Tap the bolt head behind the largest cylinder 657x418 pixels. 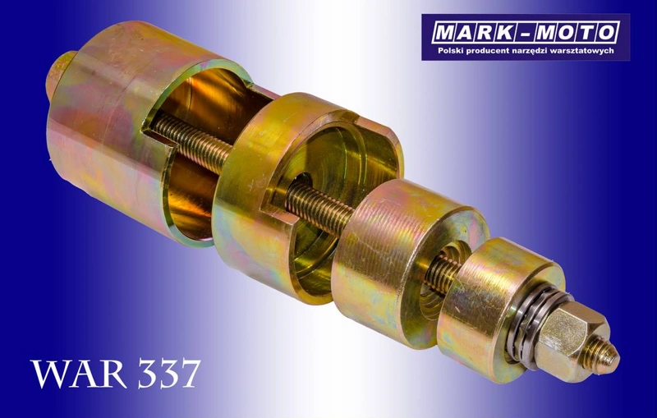tap(57, 76)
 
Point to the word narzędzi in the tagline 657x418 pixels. tap(526, 51)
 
